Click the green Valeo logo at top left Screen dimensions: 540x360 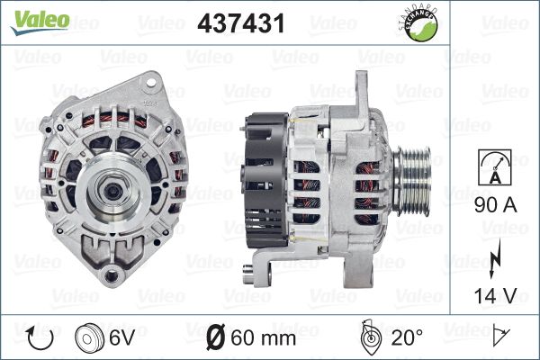40,22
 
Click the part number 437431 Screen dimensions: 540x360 241,23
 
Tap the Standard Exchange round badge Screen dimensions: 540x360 419,23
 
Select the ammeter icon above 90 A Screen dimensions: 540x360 495,167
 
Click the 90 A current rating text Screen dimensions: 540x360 496,205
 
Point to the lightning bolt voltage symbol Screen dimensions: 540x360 495,258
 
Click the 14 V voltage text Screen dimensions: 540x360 496,295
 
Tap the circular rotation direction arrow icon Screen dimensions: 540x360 40,338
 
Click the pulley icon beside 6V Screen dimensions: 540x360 89,338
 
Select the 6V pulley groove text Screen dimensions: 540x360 122,337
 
